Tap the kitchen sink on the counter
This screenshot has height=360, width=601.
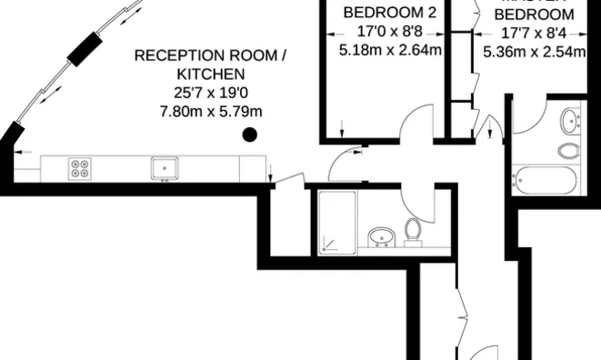click(165, 167)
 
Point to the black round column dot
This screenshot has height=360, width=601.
click(250, 135)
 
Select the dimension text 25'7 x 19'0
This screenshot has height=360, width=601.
click(211, 93)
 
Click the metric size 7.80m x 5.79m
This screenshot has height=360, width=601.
click(211, 111)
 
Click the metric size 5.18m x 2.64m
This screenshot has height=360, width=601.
click(390, 50)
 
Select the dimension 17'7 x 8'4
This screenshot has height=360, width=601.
click(533, 34)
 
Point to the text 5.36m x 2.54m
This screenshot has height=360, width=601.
click(534, 52)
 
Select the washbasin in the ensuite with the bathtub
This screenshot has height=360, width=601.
click(571, 119)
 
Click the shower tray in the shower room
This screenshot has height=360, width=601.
click(337, 221)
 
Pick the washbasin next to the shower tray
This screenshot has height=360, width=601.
click(381, 238)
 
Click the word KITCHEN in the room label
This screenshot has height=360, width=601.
click(210, 75)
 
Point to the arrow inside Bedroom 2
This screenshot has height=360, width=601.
click(343, 129)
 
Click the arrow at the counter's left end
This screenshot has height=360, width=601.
click(22, 151)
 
